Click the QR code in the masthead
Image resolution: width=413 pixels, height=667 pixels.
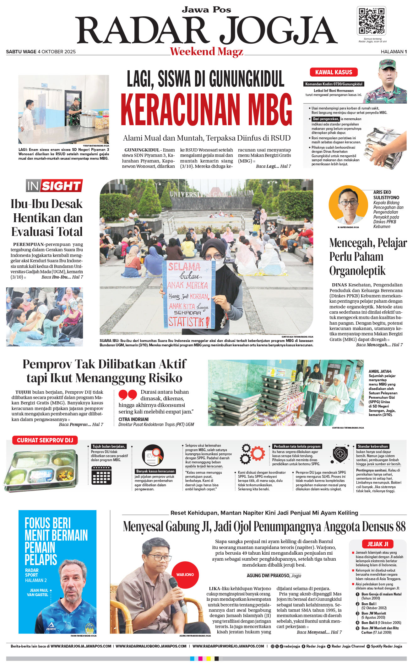[371, 21]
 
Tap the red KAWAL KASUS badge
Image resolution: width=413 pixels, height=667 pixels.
[334, 72]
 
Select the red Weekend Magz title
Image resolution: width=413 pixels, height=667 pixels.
[206, 51]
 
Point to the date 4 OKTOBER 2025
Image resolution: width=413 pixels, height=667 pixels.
[57, 52]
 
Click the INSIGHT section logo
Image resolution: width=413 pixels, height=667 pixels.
[54, 186]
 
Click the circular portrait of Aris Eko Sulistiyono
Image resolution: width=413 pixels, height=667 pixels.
[348, 204]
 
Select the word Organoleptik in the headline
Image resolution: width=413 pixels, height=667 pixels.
[357, 271]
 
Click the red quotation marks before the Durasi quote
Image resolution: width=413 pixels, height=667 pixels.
[128, 395]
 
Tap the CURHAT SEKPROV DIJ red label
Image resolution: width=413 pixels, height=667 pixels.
[45, 440]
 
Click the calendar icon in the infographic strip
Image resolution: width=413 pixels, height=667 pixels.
[101, 475]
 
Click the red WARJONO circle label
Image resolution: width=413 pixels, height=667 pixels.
[185, 574]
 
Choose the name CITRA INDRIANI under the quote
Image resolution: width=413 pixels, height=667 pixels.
[133, 419]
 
